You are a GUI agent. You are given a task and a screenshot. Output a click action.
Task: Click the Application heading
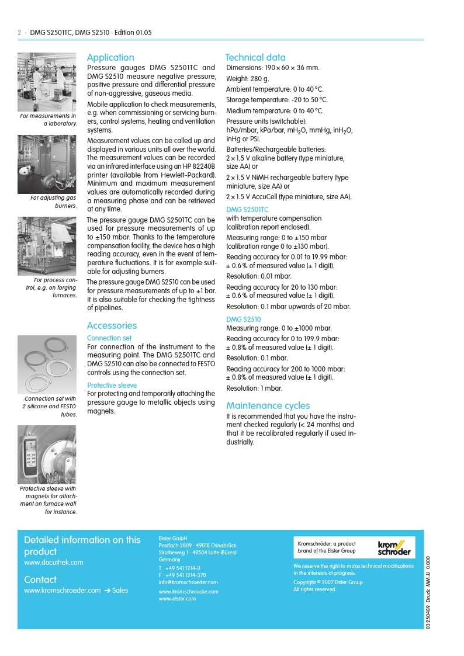110,57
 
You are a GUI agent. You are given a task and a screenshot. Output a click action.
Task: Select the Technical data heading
255,57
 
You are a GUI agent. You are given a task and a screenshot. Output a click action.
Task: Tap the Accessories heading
112,325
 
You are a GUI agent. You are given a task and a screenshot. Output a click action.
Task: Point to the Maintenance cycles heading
268,405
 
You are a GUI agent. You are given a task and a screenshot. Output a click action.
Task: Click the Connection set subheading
109,338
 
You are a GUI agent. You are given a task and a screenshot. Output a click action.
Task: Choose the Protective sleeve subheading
112,385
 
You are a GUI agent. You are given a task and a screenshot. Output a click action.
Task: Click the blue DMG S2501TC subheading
247,209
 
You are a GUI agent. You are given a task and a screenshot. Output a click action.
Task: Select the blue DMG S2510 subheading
243,320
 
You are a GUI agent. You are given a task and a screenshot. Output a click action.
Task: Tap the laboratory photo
47,81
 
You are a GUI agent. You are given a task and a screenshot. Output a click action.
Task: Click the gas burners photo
47,164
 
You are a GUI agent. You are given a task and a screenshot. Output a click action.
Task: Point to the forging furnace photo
47,246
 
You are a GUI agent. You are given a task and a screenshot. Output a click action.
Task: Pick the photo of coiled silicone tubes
47,365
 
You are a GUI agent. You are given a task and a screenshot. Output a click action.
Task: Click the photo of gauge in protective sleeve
47,454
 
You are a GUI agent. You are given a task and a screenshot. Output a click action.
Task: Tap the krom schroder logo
394,548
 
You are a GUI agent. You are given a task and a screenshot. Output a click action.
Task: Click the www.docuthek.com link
54,563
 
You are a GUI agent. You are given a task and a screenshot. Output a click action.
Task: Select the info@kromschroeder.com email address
188,582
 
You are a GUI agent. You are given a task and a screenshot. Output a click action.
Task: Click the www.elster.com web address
177,599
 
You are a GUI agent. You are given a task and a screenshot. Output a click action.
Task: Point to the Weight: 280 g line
248,79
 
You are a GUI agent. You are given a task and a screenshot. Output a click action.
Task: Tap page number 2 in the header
19,33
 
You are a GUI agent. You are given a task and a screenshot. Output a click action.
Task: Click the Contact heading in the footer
40,579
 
